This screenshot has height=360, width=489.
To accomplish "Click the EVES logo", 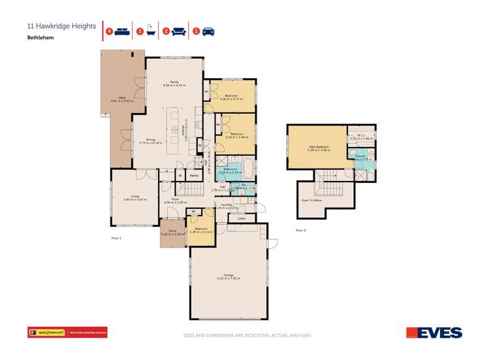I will pos(435,333).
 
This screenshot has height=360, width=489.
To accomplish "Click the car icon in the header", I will pos(208,31).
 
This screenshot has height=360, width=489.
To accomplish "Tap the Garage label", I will pos(229,276).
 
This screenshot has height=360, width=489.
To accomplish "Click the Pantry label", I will pos(193,175).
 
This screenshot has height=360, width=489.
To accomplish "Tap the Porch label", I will pos(173,231).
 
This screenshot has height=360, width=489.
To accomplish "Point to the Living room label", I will pos(135,196).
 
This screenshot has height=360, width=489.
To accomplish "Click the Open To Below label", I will pos(311,201).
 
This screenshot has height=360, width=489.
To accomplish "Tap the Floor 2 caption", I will pos(300,231).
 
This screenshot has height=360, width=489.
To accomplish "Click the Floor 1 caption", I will pos(116,238).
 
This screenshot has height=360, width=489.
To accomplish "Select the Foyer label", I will pos(175,199).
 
